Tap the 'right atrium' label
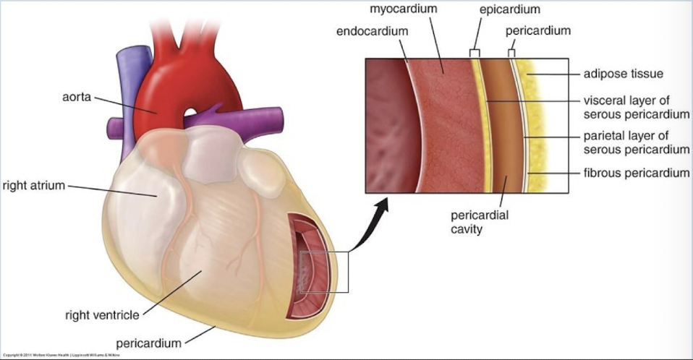tap(34, 186)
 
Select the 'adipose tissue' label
tap(624, 74)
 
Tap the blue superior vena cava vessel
tap(130, 72)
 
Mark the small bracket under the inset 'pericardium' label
tap(512, 52)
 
